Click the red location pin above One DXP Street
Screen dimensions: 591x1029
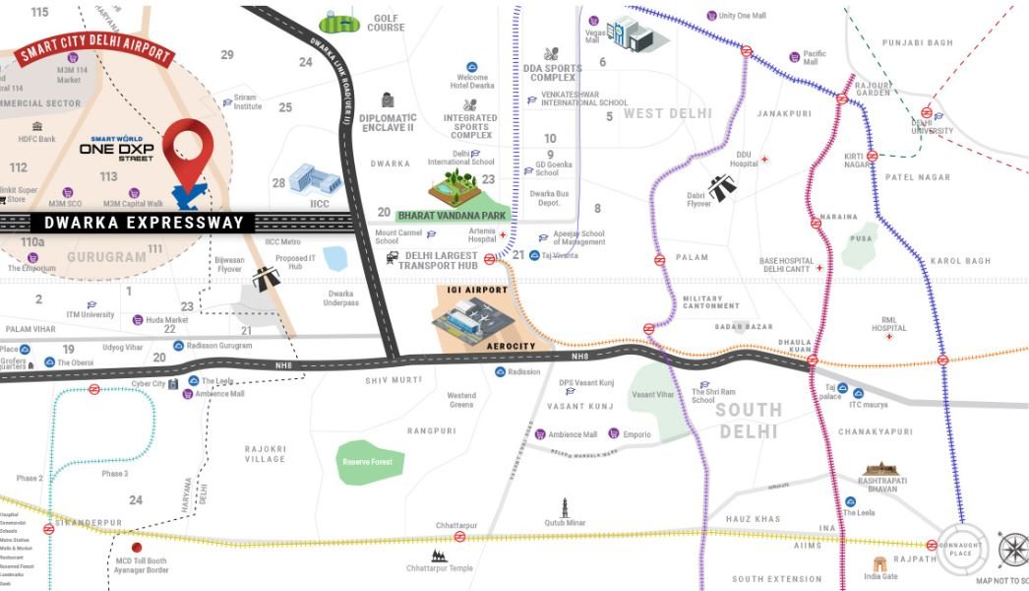[188, 146]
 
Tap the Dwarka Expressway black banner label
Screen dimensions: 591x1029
[144, 223]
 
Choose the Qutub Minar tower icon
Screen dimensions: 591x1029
[565, 508]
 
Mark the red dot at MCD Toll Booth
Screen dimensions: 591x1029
[137, 547]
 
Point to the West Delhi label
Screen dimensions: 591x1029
[668, 113]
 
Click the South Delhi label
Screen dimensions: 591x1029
[749, 421]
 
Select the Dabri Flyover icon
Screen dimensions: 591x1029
[723, 187]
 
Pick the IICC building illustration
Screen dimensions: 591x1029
[314, 179]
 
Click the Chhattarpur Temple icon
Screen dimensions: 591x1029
[439, 555]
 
